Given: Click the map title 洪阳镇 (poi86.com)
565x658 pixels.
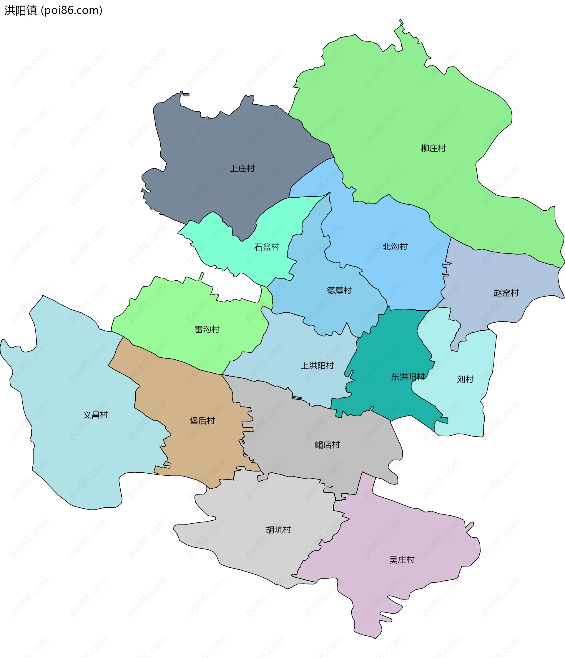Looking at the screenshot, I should pyautogui.click(x=53, y=11).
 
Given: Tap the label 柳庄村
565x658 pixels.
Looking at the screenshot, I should pyautogui.click(x=433, y=148).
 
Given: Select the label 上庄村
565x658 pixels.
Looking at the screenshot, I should pyautogui.click(x=242, y=169).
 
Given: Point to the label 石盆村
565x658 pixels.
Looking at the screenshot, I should pyautogui.click(x=267, y=247).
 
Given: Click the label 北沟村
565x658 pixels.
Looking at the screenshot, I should pyautogui.click(x=395, y=247).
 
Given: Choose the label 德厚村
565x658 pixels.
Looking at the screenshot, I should pyautogui.click(x=339, y=290).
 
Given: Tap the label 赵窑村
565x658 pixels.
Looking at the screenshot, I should pyautogui.click(x=506, y=293).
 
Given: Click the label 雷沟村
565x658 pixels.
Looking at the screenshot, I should pyautogui.click(x=207, y=329).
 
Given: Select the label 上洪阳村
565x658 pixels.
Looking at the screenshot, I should pyautogui.click(x=317, y=366).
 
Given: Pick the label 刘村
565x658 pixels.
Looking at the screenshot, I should pyautogui.click(x=465, y=379).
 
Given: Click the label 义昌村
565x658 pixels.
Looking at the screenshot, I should pyautogui.click(x=96, y=415).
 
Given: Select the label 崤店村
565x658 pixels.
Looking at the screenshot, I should pyautogui.click(x=327, y=444).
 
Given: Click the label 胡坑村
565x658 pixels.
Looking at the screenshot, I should pyautogui.click(x=278, y=530).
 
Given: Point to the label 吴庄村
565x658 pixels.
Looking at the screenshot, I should pyautogui.click(x=402, y=560).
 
